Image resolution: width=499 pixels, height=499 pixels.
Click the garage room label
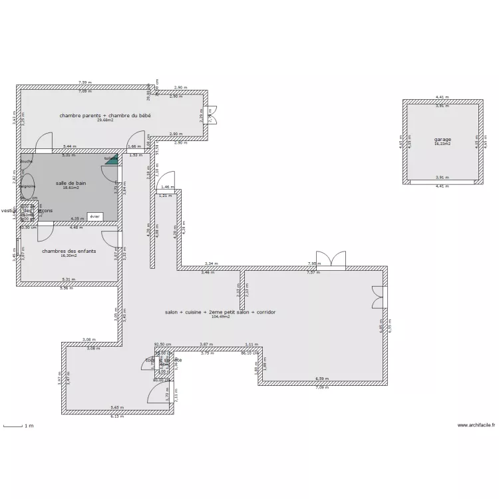442,140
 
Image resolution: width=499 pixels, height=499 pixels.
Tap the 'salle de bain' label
71,183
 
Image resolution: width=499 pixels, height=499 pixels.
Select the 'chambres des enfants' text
69,251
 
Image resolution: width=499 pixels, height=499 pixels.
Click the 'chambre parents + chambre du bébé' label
105,116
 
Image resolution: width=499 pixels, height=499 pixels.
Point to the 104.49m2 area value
220,317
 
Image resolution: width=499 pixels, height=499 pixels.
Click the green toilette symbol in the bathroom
112,160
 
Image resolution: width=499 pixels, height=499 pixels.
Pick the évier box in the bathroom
94,216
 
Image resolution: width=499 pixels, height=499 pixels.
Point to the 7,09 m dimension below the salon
322,387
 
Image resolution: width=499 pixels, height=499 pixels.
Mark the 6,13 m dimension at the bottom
117,416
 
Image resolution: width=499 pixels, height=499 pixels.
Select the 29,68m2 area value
105,120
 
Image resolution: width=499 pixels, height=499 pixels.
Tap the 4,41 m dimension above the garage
442,97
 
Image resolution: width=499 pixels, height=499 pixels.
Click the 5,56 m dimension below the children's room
67,288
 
